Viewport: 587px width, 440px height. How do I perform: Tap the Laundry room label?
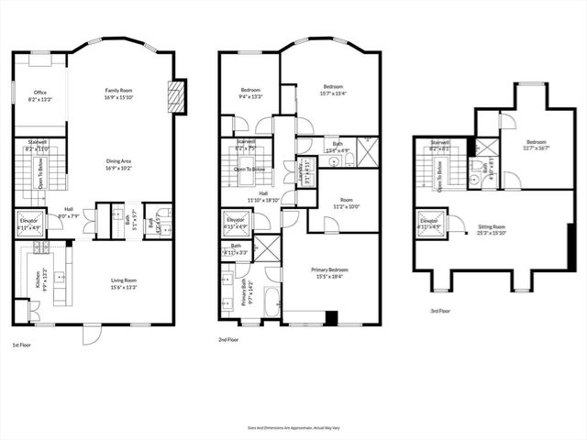[301, 170]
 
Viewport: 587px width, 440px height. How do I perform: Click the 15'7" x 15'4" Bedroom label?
[329, 90]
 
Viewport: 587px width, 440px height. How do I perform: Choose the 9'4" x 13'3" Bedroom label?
[249, 93]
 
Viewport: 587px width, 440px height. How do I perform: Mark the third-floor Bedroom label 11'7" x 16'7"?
[537, 145]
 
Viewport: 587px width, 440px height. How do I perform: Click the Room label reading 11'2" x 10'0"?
[346, 204]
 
